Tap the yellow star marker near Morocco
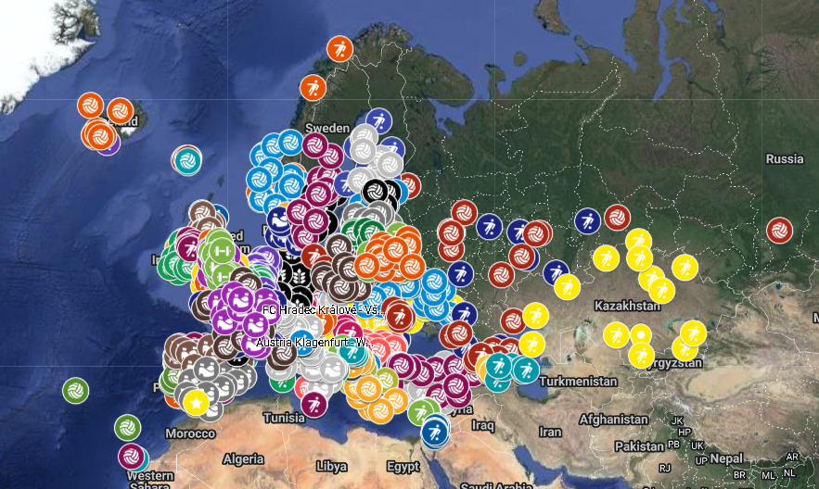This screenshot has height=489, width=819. [x=195, y=403]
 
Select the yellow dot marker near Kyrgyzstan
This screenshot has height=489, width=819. [x=641, y=334]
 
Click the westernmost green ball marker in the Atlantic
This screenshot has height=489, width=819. [x=75, y=391]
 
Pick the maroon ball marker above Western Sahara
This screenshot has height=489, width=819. [x=131, y=456]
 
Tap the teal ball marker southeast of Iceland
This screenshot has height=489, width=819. [x=188, y=160]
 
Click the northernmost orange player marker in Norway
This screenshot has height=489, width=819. [x=339, y=48]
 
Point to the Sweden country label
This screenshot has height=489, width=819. [x=328, y=128]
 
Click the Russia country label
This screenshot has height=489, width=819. [x=784, y=158]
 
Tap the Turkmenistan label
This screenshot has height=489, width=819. [x=581, y=382]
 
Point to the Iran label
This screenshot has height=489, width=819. [x=551, y=432]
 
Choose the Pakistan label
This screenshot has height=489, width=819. [x=639, y=446]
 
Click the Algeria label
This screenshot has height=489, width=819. [x=244, y=458]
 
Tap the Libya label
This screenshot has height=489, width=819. [x=332, y=465]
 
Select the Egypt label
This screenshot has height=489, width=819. [x=403, y=465]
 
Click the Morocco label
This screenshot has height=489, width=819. [x=189, y=433]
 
